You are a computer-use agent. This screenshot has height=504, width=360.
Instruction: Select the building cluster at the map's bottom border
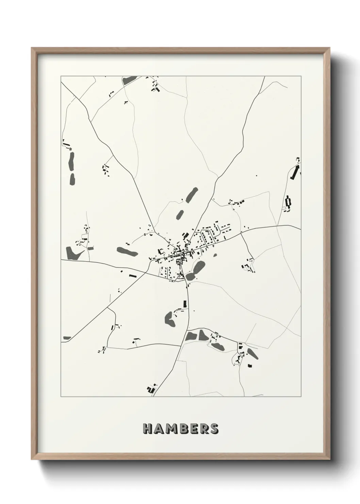pyautogui.click(x=151, y=388)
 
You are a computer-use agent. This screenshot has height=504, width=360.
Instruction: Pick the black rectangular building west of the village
pyautogui.click(x=132, y=275)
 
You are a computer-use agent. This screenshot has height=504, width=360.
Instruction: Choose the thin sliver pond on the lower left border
pyautogui.click(x=67, y=338)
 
